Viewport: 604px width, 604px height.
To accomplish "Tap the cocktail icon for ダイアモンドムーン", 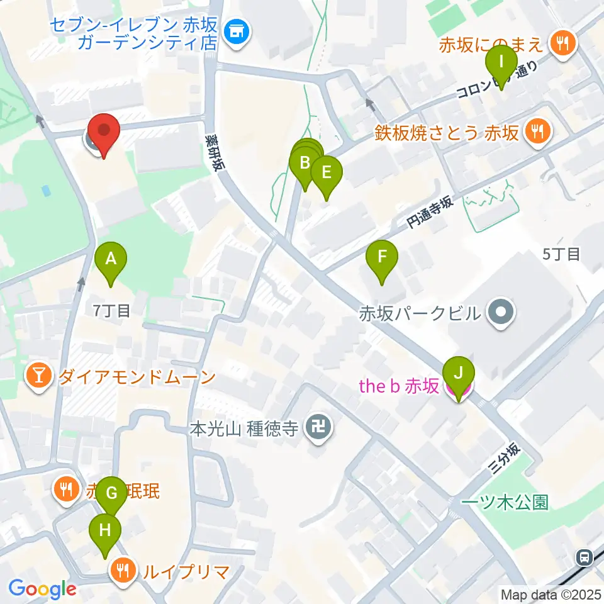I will coord(39,377).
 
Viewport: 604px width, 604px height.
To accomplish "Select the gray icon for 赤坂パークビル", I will coord(501,312).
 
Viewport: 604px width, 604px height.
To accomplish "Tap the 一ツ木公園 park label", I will coord(505,502).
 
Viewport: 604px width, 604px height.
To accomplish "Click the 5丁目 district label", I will coord(561,254).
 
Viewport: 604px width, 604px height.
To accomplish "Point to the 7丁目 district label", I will coord(111,310).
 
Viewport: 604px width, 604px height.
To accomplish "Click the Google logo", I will coord(43,590).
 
